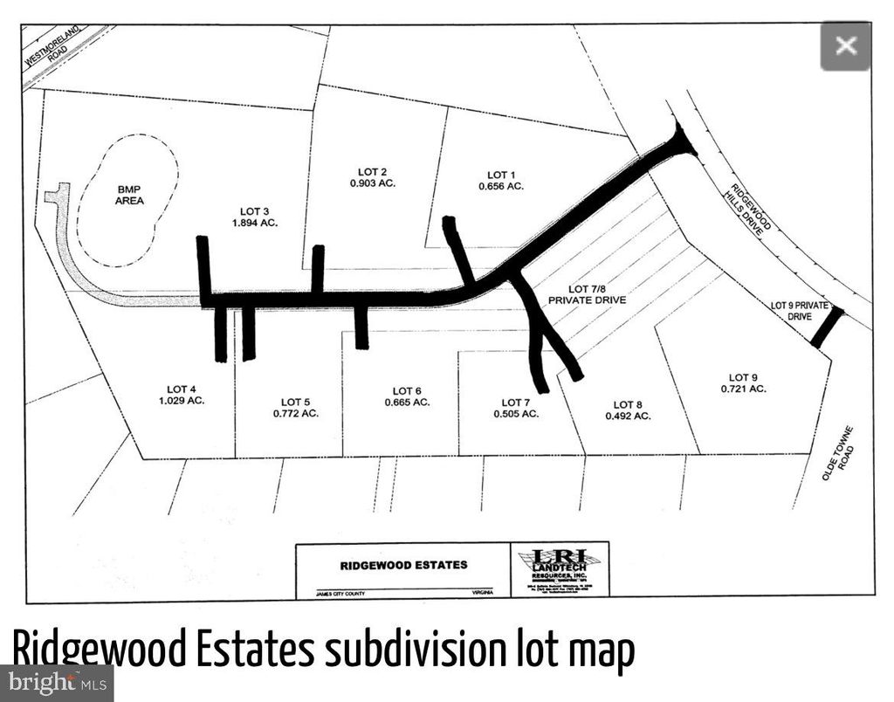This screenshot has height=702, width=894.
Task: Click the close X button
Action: click(845, 45)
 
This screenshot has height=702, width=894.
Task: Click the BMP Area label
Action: click(128, 195)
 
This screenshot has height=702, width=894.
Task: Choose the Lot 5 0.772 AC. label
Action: click(292, 406)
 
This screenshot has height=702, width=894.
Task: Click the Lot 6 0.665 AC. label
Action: click(407, 396)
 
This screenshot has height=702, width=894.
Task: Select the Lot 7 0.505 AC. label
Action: click(516, 408)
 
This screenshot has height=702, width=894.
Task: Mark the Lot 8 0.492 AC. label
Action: click(627, 410)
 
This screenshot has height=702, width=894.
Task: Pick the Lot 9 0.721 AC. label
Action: click(743, 383)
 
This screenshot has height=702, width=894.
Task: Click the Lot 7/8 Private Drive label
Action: click(587, 294)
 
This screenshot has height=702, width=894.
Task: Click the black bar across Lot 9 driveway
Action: click(827, 327)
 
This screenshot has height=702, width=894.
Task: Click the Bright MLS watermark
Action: click(56, 683)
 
